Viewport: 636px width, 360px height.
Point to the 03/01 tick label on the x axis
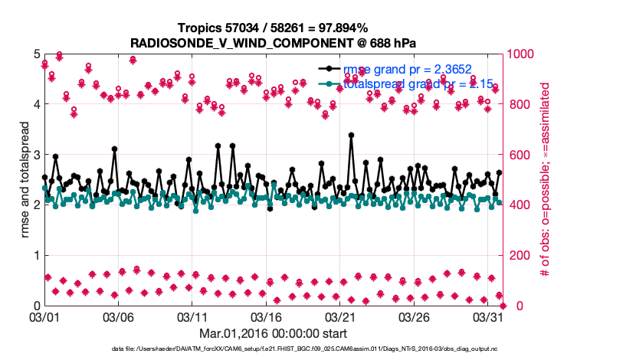[43, 316]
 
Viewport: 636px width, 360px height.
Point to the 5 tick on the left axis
[35, 54]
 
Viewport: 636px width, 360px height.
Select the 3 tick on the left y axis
[35, 155]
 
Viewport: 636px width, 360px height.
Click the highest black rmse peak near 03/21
[350, 135]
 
